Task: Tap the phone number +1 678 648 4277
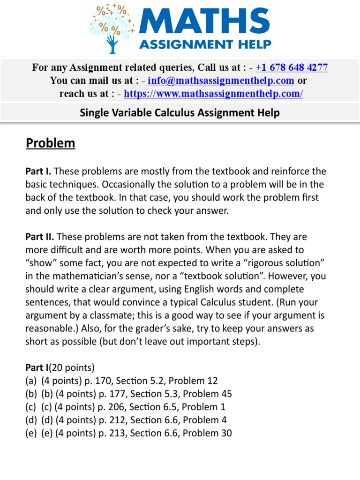point(292,67)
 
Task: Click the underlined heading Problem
point(51,142)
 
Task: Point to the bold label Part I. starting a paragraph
point(39,172)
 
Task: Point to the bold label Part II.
point(40,237)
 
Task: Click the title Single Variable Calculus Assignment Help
point(180,112)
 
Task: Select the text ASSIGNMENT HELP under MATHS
point(206,45)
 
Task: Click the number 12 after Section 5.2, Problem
point(212,381)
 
